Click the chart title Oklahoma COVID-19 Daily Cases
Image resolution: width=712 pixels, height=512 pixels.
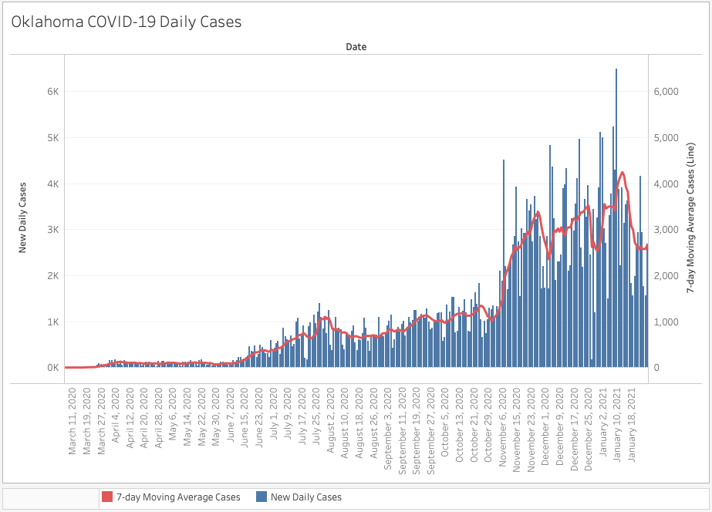point(127,22)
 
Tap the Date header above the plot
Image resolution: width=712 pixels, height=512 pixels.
point(356,47)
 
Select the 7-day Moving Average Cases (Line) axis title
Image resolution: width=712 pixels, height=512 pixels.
point(690,218)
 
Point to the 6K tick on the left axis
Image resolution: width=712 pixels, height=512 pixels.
point(52,92)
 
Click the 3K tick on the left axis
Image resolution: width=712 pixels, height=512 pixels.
point(52,230)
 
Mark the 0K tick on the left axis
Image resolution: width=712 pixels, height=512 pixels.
point(52,368)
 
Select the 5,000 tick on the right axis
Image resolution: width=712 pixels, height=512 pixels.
point(666,138)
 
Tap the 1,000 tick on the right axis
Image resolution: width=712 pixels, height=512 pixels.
point(666,322)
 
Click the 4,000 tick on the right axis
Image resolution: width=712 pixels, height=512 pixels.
point(666,184)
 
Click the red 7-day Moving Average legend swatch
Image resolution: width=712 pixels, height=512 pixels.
point(107,497)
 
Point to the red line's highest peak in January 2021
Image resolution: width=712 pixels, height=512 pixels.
point(622,173)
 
